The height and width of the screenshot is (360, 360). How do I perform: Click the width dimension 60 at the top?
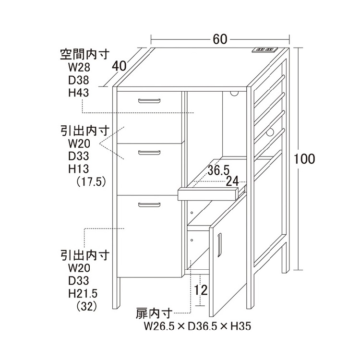[x=220, y=40]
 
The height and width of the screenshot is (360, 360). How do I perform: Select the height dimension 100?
[x=305, y=159]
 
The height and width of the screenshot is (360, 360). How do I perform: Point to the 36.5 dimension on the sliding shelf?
[x=218, y=170]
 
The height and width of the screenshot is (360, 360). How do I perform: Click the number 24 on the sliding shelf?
[x=232, y=180]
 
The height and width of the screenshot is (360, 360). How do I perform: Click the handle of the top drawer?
[x=148, y=100]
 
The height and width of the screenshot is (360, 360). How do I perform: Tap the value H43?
[x=79, y=93]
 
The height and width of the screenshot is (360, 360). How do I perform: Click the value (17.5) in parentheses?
[x=91, y=182]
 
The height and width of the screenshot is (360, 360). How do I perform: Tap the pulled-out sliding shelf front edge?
[x=207, y=194]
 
